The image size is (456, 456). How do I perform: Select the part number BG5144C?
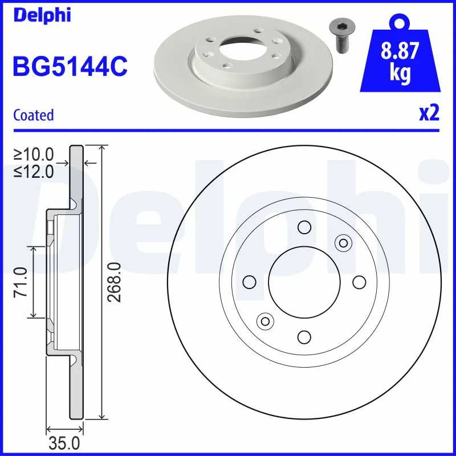pyautogui.click(x=70, y=67)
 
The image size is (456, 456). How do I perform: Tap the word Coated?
pyautogui.click(x=33, y=115)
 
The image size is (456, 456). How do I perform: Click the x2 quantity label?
pyautogui.click(x=429, y=114)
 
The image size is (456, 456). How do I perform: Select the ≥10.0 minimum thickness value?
pyautogui.click(x=34, y=154)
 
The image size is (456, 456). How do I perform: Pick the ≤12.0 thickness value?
pyautogui.click(x=34, y=170)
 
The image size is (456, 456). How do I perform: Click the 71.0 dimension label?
pyautogui.click(x=21, y=282)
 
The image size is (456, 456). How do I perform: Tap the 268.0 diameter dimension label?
pyautogui.click(x=115, y=282)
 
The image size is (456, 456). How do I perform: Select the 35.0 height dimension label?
pyautogui.click(x=65, y=443)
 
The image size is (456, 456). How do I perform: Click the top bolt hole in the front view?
pyautogui.click(x=304, y=228)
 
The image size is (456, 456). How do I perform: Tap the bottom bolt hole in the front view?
pyautogui.click(x=304, y=337)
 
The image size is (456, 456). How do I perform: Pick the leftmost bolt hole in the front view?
pyautogui.click(x=249, y=282)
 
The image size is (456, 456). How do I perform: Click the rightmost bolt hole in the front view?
pyautogui.click(x=359, y=282)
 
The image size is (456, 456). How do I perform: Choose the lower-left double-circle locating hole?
pyautogui.click(x=264, y=321)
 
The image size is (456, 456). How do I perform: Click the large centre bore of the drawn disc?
pyautogui.click(x=303, y=282)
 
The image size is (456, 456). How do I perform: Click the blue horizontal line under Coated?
pyautogui.click(x=228, y=129)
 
